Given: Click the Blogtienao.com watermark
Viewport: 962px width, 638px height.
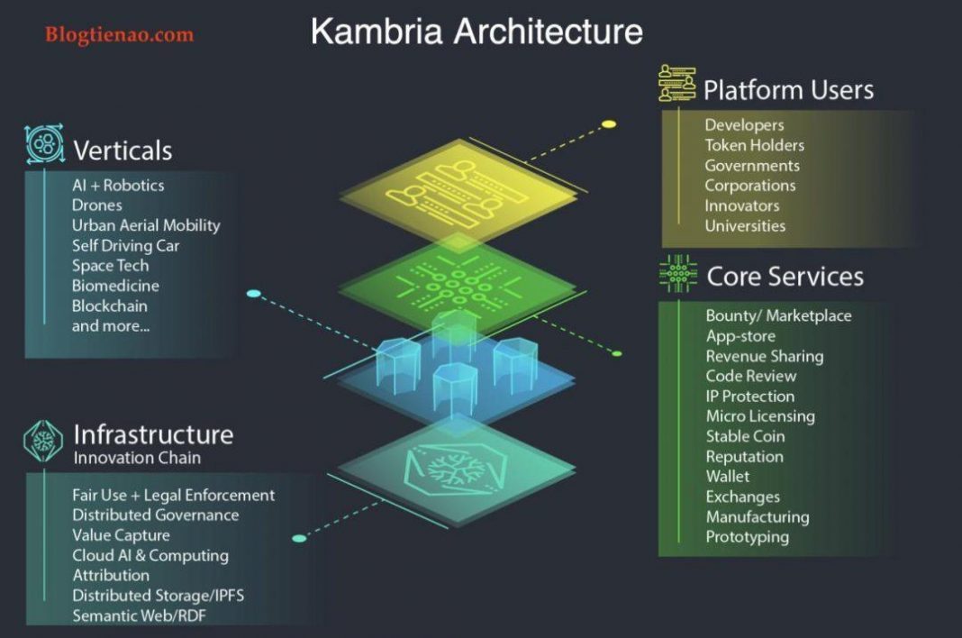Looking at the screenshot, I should click(x=119, y=35).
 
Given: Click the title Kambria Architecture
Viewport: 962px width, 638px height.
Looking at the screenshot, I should click(x=476, y=32).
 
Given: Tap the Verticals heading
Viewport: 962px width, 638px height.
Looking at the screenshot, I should click(x=123, y=150).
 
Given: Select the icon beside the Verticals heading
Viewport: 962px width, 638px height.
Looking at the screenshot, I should click(x=44, y=144).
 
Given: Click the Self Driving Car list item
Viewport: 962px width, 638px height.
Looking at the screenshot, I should click(x=125, y=245).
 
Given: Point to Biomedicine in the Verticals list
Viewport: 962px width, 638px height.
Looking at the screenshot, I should click(x=115, y=286).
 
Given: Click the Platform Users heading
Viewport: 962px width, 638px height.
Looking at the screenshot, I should click(x=788, y=90).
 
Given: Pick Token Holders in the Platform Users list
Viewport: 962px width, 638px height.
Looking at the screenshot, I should click(x=754, y=145).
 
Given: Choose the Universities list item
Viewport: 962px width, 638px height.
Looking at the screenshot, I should click(x=745, y=226).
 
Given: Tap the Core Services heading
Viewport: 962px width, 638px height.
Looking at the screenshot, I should click(x=785, y=277).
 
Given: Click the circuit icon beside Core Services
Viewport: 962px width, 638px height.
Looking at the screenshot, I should click(x=677, y=273).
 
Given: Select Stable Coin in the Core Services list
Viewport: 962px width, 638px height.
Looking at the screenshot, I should click(x=745, y=436).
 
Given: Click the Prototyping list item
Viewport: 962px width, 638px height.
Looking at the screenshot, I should click(x=747, y=537).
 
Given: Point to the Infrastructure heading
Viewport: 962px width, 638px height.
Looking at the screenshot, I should click(x=153, y=434).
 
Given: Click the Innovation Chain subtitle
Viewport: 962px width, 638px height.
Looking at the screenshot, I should click(x=137, y=458).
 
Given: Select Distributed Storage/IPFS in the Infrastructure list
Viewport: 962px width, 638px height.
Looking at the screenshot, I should click(x=158, y=596).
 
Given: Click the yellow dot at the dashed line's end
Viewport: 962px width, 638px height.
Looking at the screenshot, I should click(x=609, y=123).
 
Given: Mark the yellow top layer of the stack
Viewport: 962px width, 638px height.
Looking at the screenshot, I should click(x=455, y=190).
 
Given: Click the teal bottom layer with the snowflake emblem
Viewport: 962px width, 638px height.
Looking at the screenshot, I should click(x=456, y=468).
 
